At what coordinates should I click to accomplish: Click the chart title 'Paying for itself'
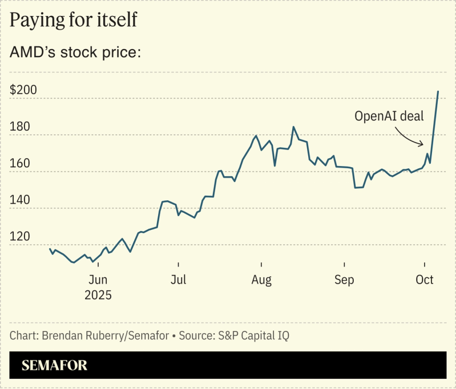coord(73,21)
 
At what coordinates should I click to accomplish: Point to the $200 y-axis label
coord(23,90)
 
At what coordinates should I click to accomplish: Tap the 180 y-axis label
coord(20,127)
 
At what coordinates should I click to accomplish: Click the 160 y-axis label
coord(20,163)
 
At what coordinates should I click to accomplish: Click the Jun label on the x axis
coord(98,279)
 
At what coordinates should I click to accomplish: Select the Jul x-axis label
coord(179,279)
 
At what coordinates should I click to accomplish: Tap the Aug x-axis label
coord(261,279)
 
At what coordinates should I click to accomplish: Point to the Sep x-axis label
coord(344,279)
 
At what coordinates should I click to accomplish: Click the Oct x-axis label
coord(425,279)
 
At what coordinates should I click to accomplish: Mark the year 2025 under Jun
coord(98,295)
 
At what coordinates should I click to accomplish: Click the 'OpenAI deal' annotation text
coord(389,116)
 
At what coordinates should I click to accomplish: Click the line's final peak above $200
coord(438,91)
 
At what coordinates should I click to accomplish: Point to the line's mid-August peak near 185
coord(293,127)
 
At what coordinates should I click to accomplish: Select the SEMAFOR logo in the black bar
coord(55,366)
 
